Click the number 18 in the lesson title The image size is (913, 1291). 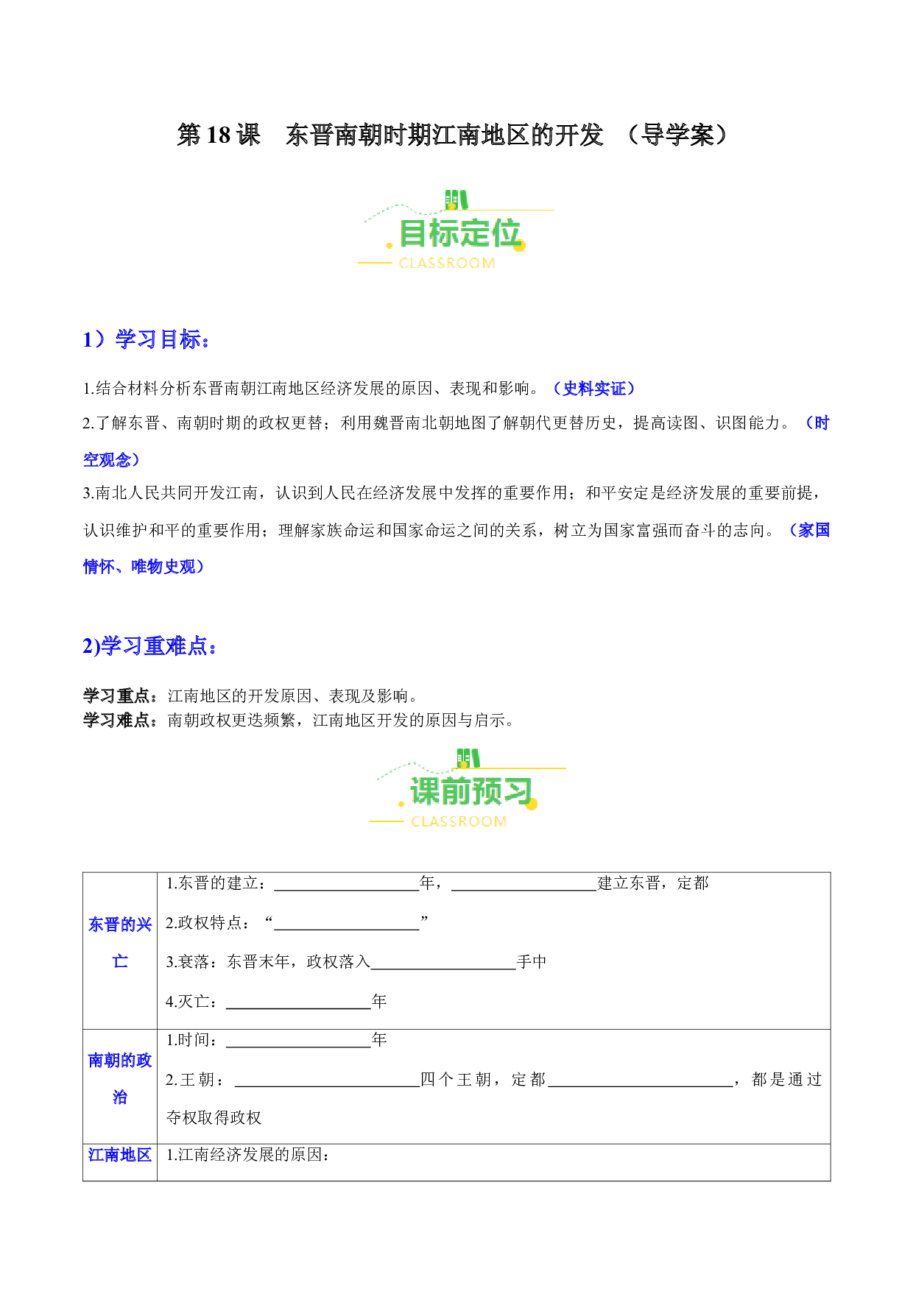coord(219,135)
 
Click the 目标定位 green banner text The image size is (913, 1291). coord(460,234)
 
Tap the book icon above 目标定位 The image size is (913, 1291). coord(456,199)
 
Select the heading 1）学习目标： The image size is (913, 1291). coord(147,339)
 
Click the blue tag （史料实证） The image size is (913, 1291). coord(593,389)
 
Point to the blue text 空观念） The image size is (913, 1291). coord(111,460)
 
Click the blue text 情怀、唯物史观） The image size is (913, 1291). coord(144,567)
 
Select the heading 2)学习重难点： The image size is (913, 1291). coord(150,646)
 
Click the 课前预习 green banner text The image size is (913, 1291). coord(471,792)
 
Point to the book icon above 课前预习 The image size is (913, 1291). coord(468,758)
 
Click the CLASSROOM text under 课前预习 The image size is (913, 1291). coord(459,821)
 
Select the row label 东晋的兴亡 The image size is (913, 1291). coord(120,943)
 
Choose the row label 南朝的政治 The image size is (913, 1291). coord(120,1078)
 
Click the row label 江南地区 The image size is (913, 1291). coord(120,1155)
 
